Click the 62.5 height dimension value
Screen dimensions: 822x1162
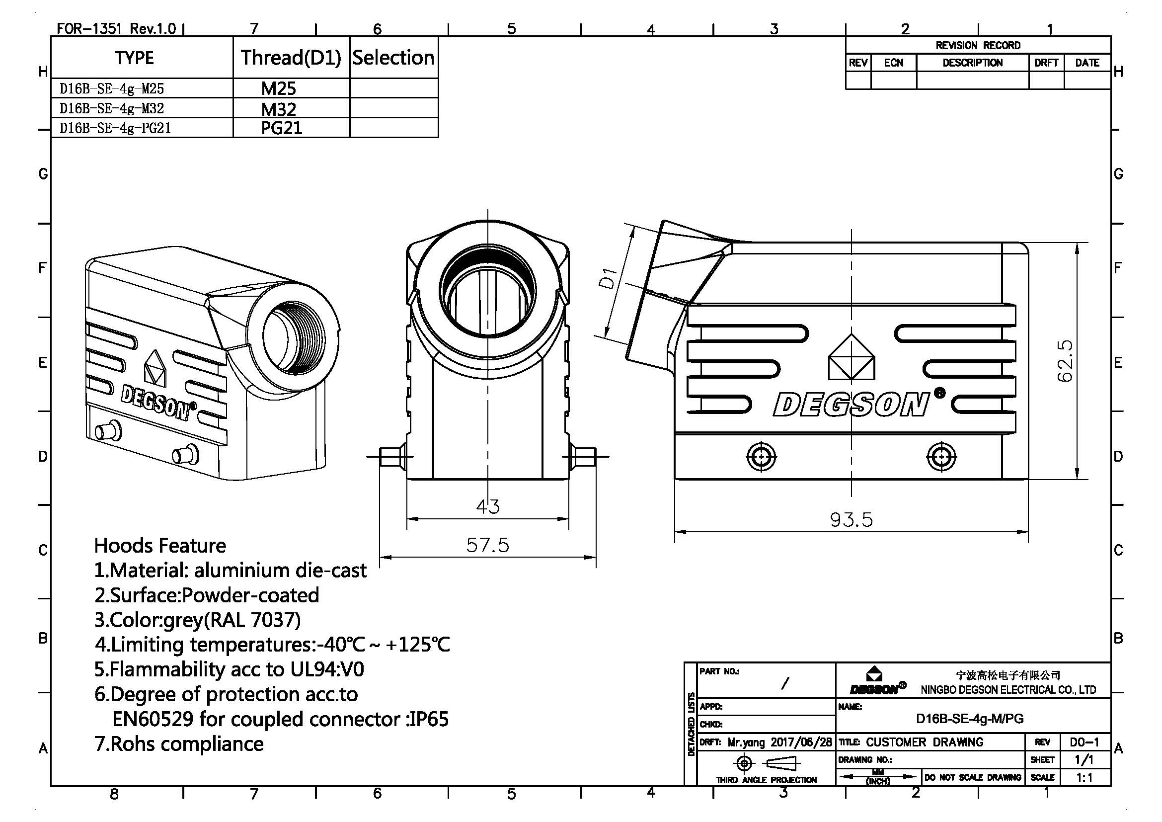(x=1065, y=360)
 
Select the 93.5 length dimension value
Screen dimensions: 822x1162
(x=852, y=520)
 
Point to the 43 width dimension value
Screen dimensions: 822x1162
(x=488, y=506)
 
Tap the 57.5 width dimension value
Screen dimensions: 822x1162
(x=487, y=545)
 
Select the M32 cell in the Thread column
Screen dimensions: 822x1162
(x=279, y=109)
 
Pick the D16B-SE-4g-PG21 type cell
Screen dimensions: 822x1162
(x=115, y=128)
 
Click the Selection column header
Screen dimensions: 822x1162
(x=393, y=58)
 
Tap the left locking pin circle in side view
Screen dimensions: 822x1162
(x=761, y=457)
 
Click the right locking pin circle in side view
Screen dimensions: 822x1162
(x=941, y=457)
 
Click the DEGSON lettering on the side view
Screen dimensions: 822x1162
(x=852, y=405)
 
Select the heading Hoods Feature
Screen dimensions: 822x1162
(x=160, y=546)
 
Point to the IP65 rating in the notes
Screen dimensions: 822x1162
(x=429, y=719)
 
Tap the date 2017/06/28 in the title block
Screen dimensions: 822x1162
(x=801, y=742)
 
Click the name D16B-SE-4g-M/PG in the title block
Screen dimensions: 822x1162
(x=970, y=718)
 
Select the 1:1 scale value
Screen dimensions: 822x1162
(x=1085, y=777)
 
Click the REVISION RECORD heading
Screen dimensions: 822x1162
(x=978, y=46)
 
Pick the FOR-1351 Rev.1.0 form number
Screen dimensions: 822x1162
(x=116, y=28)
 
